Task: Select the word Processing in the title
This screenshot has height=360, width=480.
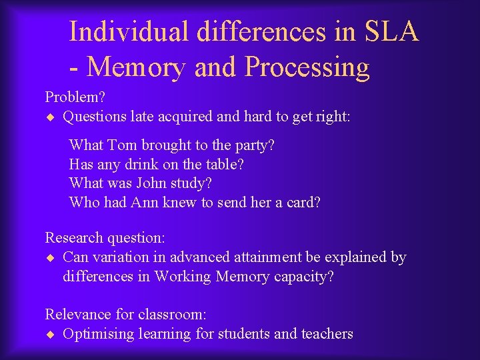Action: (x=307, y=67)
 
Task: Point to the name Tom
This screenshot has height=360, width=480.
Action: (x=121, y=145)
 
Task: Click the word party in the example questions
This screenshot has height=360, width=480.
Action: (x=251, y=145)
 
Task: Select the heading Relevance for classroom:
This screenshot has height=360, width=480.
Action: (x=125, y=314)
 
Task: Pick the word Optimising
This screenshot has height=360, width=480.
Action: (x=98, y=334)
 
